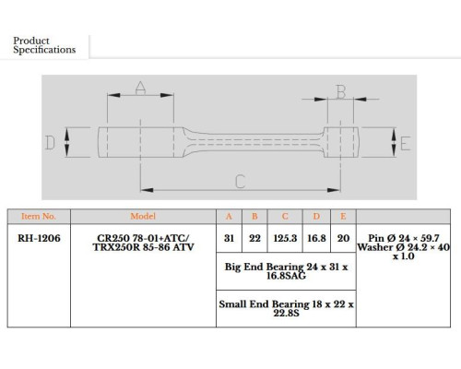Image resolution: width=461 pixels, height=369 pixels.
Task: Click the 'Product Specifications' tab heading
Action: click(x=44, y=45)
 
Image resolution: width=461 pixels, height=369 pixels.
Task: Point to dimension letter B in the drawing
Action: click(x=341, y=92)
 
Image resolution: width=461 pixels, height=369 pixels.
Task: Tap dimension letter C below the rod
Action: click(x=240, y=182)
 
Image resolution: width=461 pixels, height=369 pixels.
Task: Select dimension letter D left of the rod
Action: click(x=50, y=143)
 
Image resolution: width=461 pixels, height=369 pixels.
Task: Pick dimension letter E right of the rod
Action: click(x=406, y=144)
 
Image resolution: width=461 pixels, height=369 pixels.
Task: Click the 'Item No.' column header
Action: click(x=39, y=216)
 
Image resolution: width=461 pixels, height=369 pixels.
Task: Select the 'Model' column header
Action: click(x=143, y=216)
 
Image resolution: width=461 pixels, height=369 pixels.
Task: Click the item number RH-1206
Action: click(x=39, y=238)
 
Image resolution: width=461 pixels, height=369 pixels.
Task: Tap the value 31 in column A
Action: click(x=229, y=238)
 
